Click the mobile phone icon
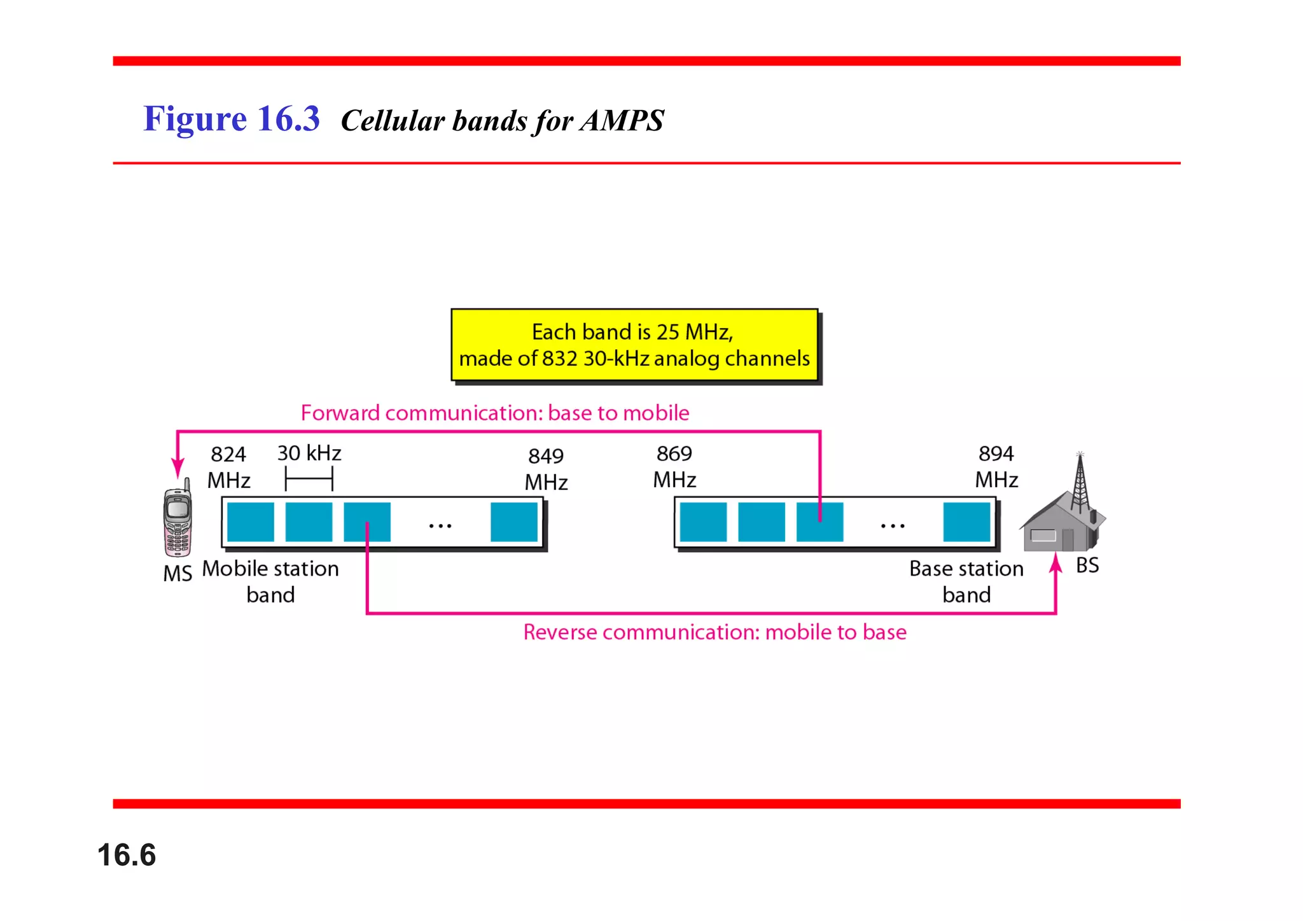178,520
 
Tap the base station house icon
1059,525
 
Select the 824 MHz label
228,467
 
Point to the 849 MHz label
546,469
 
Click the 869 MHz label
674,466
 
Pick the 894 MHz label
996,466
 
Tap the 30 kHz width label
309,453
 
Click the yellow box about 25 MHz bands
634,345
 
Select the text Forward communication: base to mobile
495,413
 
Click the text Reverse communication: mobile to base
714,632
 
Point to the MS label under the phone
178,574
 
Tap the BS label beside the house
1087,565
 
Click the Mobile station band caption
270,581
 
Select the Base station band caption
966,581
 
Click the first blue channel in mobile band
251,522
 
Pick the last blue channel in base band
966,522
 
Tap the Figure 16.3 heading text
232,119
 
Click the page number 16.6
127,855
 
